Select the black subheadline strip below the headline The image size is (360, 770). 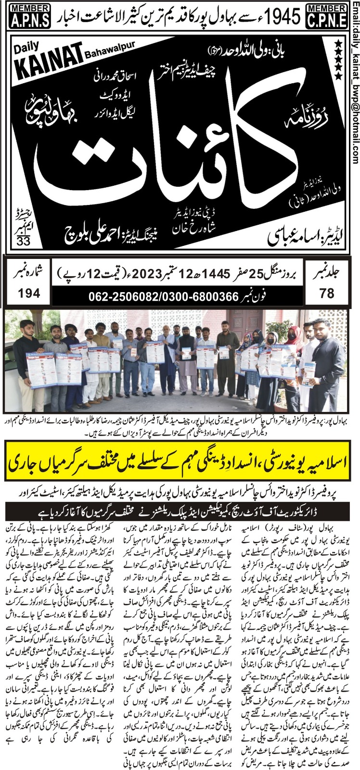(180, 509)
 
